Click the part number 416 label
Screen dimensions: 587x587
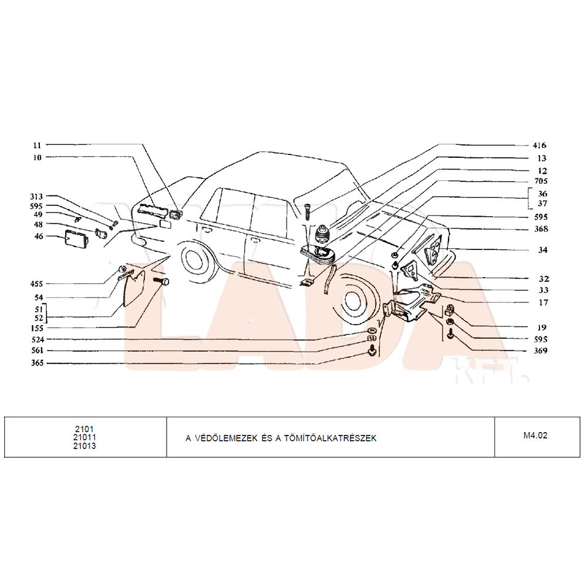point(539,145)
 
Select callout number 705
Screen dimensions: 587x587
point(541,181)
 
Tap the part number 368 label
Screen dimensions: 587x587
point(541,229)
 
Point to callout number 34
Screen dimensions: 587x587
point(543,249)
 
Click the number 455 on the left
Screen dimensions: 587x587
point(36,284)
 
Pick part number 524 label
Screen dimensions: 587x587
point(38,339)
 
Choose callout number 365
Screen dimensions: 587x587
point(38,363)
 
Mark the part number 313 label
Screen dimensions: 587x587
point(36,197)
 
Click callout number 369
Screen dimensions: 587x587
point(541,351)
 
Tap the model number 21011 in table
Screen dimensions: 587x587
point(85,437)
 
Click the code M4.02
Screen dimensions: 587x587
point(535,436)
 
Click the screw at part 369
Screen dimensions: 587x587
point(450,333)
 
